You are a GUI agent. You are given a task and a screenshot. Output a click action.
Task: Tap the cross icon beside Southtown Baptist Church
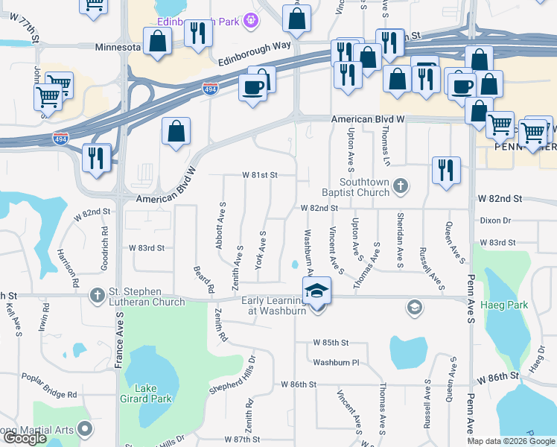pyautogui.click(x=401, y=185)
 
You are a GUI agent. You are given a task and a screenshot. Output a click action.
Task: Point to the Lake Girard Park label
pyautogui.click(x=154, y=393)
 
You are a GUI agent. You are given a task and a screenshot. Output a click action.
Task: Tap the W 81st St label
pyautogui.click(x=259, y=175)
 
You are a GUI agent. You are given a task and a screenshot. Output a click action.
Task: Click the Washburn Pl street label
pyautogui.click(x=336, y=362)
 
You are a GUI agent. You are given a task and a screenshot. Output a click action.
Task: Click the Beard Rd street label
pyautogui.click(x=203, y=278)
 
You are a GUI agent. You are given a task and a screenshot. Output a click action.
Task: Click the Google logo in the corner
pyautogui.click(x=25, y=438)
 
